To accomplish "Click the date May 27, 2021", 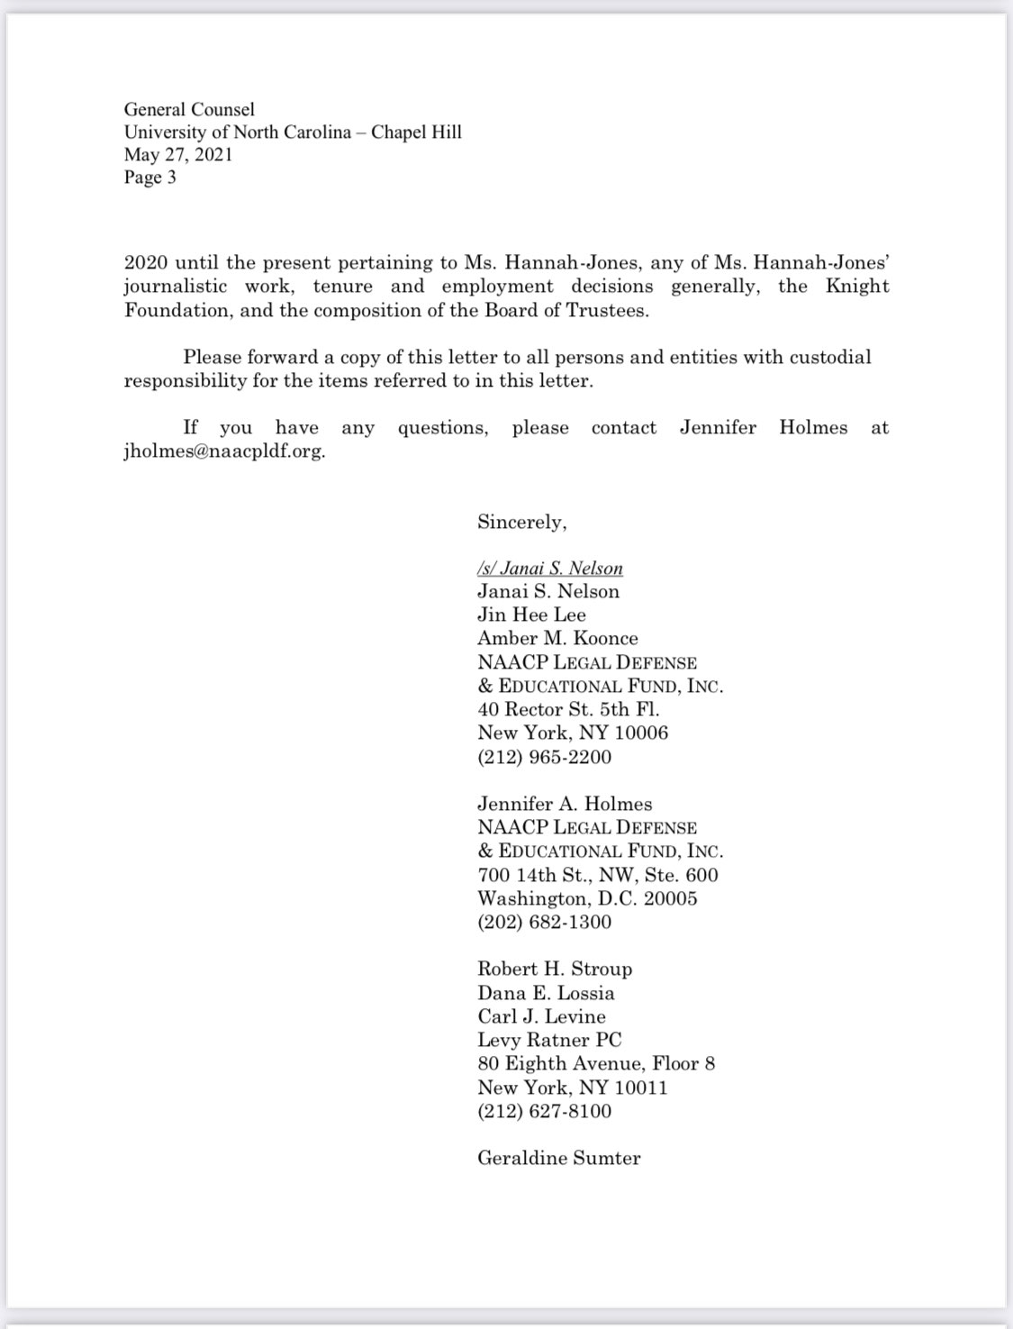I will pyautogui.click(x=178, y=154).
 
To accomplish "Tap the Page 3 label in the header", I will pyautogui.click(x=150, y=177).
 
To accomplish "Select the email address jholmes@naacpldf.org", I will pyautogui.click(x=224, y=451).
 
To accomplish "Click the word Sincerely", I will pyautogui.click(x=521, y=522).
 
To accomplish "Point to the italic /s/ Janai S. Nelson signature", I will pyautogui.click(x=550, y=569).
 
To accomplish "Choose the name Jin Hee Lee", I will pyautogui.click(x=531, y=614).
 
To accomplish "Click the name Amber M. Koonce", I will pyautogui.click(x=557, y=638).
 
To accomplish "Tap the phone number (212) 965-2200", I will pyautogui.click(x=544, y=757).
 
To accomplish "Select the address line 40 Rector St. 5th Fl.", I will pyautogui.click(x=568, y=709).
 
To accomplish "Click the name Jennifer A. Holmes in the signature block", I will pyautogui.click(x=565, y=804).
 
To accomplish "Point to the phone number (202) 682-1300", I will pyautogui.click(x=544, y=922).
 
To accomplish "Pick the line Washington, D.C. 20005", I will pyautogui.click(x=587, y=898).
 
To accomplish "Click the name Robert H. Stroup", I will pyautogui.click(x=555, y=969).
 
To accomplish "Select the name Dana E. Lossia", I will pyautogui.click(x=546, y=993).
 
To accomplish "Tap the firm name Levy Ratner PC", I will pyautogui.click(x=549, y=1040).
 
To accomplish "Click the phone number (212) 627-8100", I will pyautogui.click(x=544, y=1111).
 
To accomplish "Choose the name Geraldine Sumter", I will pyautogui.click(x=558, y=1158).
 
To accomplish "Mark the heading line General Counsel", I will pyautogui.click(x=189, y=109).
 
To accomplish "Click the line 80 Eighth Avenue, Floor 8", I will pyautogui.click(x=596, y=1063).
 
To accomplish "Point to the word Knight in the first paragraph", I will pyautogui.click(x=858, y=287).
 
